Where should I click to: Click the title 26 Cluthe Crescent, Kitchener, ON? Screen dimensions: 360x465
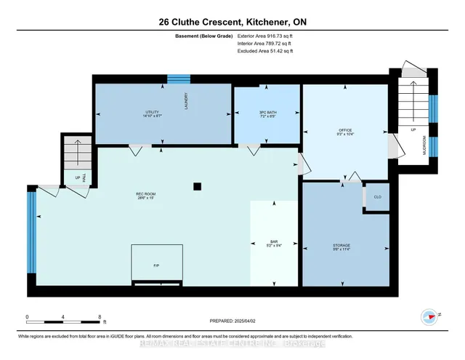click(232, 22)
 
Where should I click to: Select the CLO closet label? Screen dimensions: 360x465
click(377, 197)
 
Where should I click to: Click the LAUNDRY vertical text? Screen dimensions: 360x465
click(187, 100)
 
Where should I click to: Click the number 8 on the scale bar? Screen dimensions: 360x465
click(99, 316)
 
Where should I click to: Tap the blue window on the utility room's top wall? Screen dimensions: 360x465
click(179, 79)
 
